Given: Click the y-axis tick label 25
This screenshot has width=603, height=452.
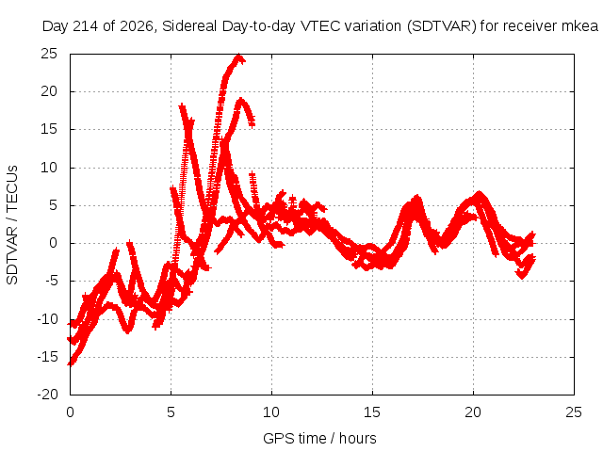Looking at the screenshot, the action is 49,54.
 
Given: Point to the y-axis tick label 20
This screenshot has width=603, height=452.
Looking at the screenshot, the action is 49,91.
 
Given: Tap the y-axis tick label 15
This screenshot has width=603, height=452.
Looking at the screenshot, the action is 49,129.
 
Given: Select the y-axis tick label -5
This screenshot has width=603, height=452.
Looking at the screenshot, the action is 51,281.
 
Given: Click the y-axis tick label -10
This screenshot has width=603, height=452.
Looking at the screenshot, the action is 47,319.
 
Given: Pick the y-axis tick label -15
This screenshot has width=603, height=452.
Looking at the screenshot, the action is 47,357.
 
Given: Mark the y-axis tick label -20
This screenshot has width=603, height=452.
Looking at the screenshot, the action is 47,395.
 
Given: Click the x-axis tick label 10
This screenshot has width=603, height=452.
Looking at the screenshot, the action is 271,412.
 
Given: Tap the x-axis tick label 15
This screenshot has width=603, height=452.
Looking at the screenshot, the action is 372,412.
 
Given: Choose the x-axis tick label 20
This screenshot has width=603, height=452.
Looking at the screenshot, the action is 473,412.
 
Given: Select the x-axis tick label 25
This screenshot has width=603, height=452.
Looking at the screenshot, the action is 574,412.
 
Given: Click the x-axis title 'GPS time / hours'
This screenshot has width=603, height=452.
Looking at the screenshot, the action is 319,439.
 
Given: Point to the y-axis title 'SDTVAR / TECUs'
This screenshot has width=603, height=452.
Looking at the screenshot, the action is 12,225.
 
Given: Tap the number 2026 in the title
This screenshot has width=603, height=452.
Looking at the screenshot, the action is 137,26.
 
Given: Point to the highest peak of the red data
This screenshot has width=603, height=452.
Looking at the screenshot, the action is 239,56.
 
